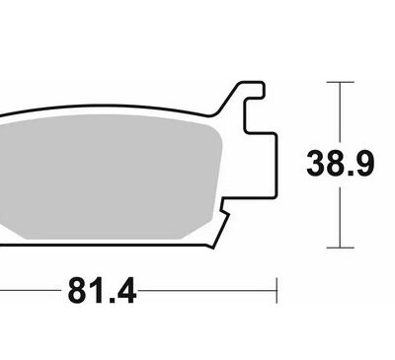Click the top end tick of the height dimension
(340, 83)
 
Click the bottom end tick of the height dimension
(340, 246)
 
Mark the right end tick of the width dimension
(277, 291)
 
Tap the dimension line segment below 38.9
(340, 217)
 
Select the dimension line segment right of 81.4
(207, 291)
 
